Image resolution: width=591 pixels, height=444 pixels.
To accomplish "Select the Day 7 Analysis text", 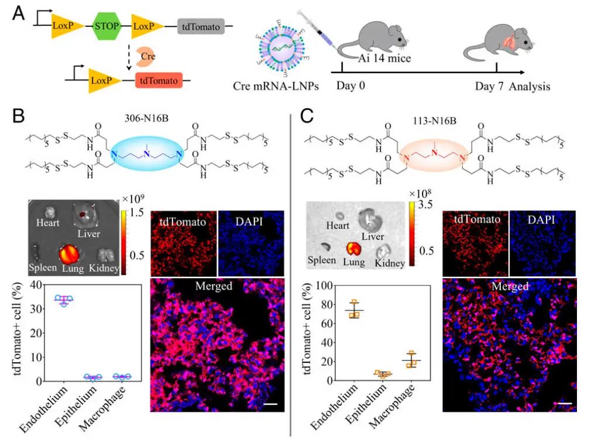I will click(512, 87).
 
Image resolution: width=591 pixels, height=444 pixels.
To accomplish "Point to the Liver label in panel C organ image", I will click(372, 236).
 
